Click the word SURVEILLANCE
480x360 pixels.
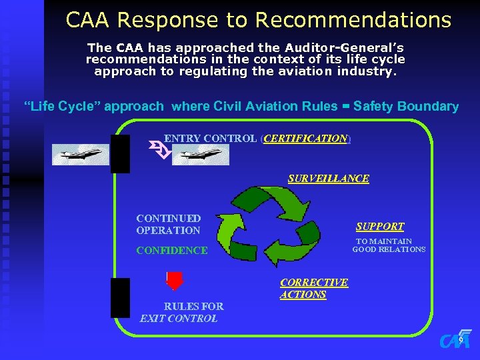pos(328,179)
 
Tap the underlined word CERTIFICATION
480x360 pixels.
pos(306,139)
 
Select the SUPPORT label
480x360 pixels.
pos(379,227)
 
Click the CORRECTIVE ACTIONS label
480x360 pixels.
pos(313,288)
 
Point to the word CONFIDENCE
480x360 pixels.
pos(171,251)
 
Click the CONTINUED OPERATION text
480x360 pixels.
pos(168,224)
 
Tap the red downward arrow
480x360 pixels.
pos(174,281)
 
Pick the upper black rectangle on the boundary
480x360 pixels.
pos(121,154)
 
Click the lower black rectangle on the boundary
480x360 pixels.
pos(121,297)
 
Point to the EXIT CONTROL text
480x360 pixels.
pos(179,319)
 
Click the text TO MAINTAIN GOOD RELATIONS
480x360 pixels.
pos(388,245)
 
